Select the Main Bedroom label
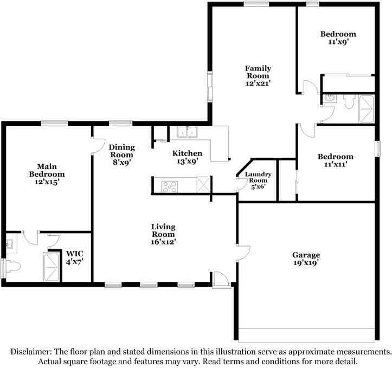(x=47, y=170)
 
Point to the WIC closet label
(x=74, y=253)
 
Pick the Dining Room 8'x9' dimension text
(x=121, y=162)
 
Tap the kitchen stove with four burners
(x=170, y=186)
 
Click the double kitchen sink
(x=188, y=132)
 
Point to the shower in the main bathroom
(x=52, y=267)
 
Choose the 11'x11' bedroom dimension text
(x=336, y=164)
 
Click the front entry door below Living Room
(x=221, y=279)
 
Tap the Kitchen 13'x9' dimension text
(x=188, y=161)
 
